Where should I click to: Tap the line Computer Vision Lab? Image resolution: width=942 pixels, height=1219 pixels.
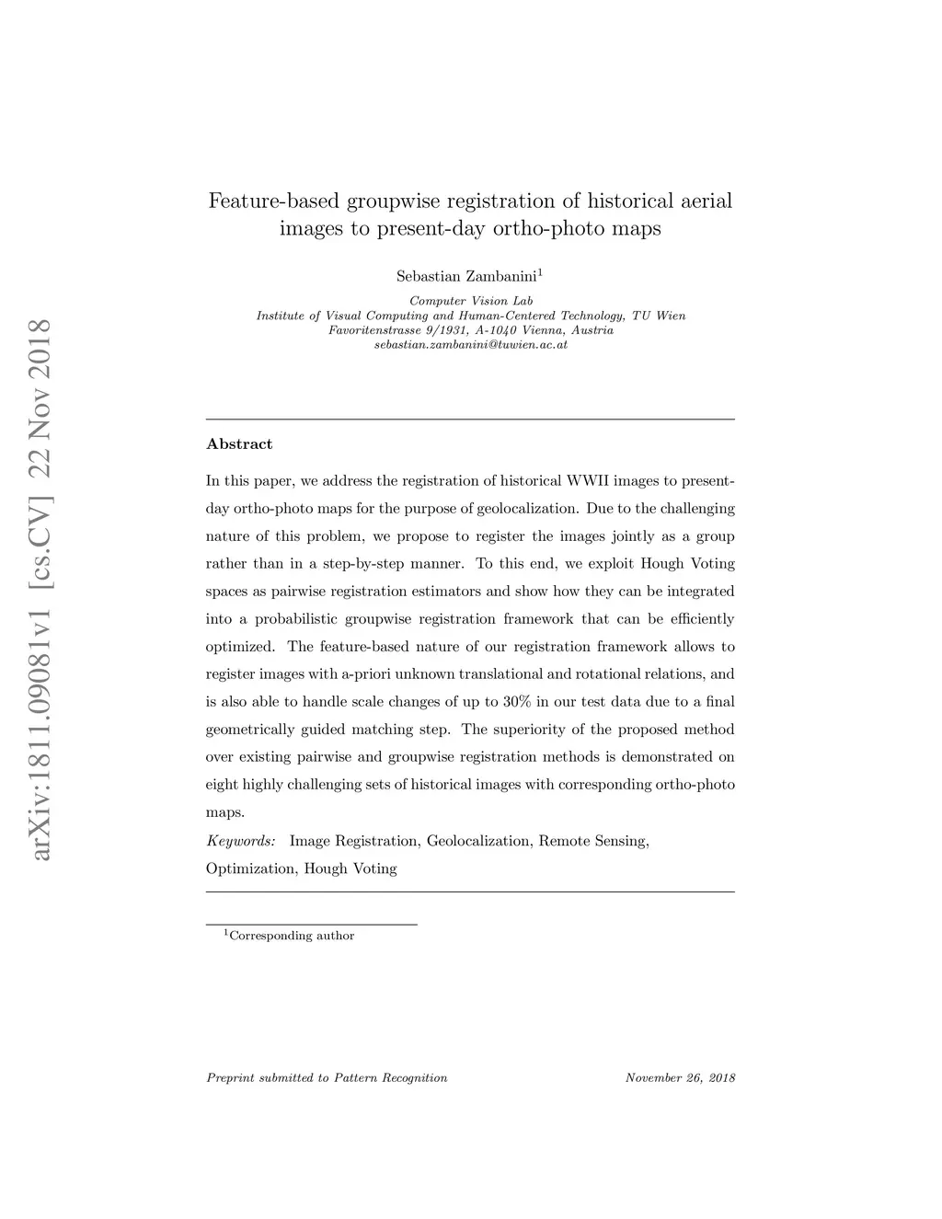pos(470,301)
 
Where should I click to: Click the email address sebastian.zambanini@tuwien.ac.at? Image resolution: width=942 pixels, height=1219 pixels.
pos(470,345)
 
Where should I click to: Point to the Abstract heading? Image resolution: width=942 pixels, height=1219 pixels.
pos(239,444)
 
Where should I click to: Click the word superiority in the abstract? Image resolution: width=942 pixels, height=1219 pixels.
pos(532,730)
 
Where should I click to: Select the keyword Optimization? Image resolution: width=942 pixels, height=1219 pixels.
pos(249,868)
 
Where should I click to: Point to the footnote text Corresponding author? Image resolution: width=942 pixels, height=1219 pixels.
pos(291,936)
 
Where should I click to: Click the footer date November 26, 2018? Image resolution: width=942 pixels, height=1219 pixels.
pos(680,1078)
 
